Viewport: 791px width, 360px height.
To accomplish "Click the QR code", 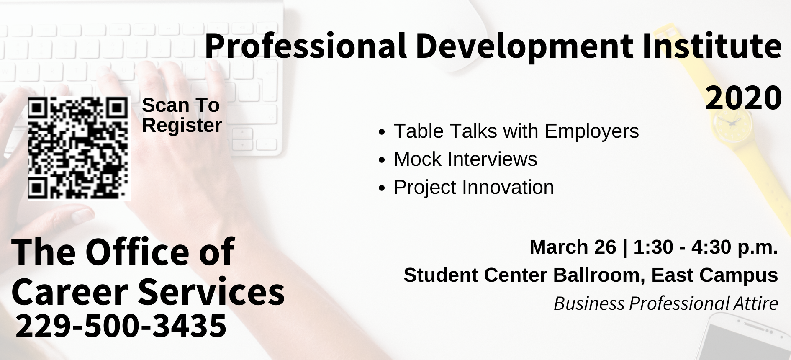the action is pos(79,148).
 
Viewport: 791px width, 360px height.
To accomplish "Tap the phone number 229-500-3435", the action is pos(121,326).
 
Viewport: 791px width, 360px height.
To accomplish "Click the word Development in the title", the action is pos(525,46).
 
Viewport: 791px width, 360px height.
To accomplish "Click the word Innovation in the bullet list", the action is pos(508,187).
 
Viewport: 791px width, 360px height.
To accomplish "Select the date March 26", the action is pos(573,247).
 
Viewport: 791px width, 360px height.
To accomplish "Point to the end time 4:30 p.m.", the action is pos(734,248).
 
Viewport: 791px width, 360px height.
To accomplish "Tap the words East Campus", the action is pos(714,275).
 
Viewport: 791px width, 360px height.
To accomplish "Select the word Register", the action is pos(182,126).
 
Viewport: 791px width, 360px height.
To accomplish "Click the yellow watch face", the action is pos(730,121).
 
